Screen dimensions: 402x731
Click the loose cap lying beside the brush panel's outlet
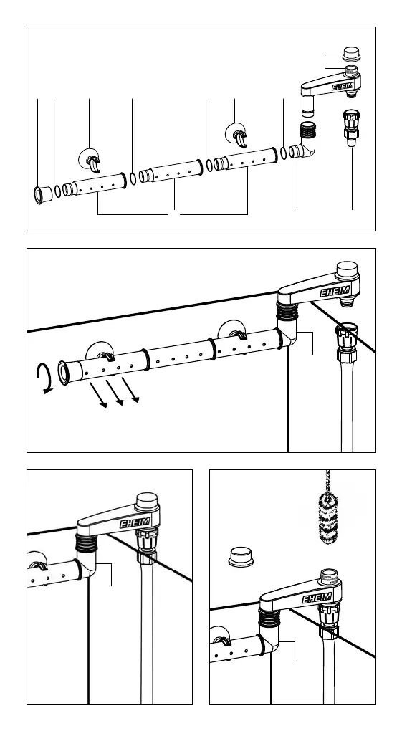click(x=241, y=557)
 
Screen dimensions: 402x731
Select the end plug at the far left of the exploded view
click(x=43, y=194)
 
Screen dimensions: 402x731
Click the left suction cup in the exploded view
click(x=89, y=160)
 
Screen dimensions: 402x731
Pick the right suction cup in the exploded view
click(x=236, y=135)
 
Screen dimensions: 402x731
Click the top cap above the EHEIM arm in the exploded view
click(x=351, y=54)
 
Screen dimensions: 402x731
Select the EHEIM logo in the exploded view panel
click(x=343, y=86)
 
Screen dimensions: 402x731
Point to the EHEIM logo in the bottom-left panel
click(x=135, y=522)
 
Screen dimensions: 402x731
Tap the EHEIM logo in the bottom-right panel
click(x=317, y=598)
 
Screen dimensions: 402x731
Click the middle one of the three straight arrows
click(x=114, y=393)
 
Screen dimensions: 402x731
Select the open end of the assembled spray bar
click(x=63, y=372)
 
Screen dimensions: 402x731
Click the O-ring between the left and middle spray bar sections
click(x=133, y=178)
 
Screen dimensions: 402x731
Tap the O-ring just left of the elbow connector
click(x=284, y=153)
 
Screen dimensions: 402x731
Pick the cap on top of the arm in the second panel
click(x=347, y=269)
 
